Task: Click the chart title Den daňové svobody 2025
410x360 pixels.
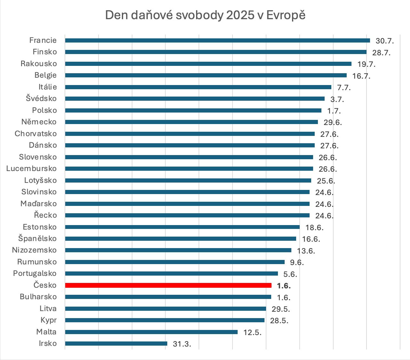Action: click(205, 15)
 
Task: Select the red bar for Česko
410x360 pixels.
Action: click(168, 285)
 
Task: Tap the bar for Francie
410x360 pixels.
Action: click(217, 40)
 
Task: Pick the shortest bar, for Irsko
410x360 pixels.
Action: click(116, 343)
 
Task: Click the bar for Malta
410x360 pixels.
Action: click(151, 332)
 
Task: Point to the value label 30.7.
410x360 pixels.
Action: click(385, 41)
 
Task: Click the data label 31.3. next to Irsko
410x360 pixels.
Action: click(182, 344)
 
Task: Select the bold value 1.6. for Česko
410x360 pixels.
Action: click(284, 286)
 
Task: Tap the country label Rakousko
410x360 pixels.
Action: click(39, 64)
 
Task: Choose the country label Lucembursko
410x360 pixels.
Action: click(31, 168)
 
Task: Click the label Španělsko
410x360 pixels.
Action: click(37, 239)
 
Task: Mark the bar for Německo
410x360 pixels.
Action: click(191, 122)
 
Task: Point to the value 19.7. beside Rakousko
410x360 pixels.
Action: click(366, 64)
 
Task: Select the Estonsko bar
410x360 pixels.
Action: click(182, 227)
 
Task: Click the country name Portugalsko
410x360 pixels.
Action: click(35, 273)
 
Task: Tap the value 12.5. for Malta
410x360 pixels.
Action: click(252, 333)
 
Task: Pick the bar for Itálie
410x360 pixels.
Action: click(198, 87)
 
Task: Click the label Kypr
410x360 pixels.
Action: click(49, 320)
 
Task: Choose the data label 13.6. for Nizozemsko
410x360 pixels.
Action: click(306, 251)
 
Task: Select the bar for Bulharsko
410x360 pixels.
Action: click(168, 297)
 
